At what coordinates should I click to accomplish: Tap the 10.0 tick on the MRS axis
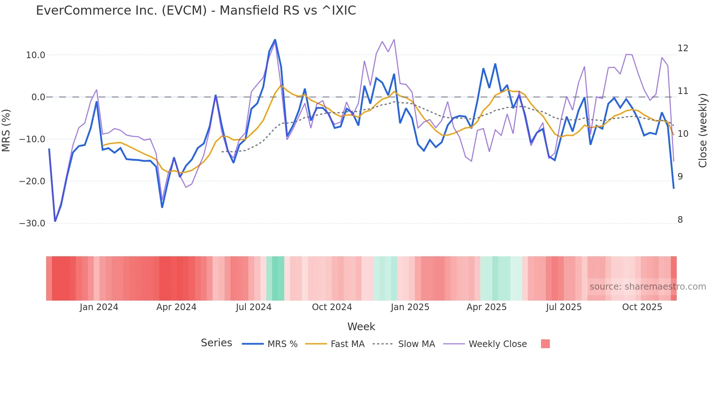tap(35, 55)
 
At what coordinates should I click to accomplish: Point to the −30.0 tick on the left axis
tap(32, 223)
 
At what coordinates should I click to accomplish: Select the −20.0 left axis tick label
tap(32, 181)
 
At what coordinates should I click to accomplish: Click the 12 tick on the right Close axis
tap(683, 48)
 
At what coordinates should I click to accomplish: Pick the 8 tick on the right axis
tap(680, 220)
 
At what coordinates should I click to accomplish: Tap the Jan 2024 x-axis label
tap(99, 307)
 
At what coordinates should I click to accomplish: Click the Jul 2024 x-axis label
tap(254, 307)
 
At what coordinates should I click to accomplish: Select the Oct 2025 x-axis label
tap(642, 307)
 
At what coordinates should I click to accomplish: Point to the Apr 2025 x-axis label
tap(487, 307)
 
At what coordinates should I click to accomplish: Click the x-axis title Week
tap(361, 327)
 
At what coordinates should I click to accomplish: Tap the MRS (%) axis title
tap(6, 130)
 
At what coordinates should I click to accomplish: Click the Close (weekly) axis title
tap(703, 131)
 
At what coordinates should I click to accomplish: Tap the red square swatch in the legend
tap(545, 344)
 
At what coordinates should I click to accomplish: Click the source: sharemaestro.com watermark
tap(647, 287)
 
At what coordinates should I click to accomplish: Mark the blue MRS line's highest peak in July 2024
tap(275, 40)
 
